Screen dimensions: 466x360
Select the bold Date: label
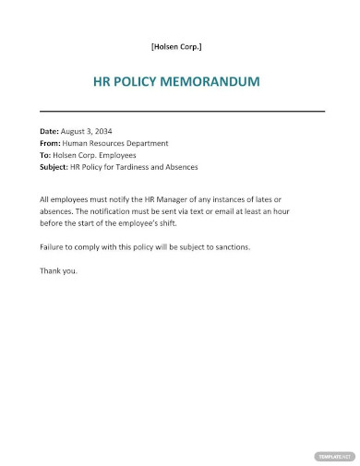50,131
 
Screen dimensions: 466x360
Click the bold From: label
52,143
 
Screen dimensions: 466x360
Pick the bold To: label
46,155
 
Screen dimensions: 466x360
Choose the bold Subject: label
56,167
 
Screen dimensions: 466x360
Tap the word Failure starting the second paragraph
54,247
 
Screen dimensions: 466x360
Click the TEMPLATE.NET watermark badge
335,456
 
